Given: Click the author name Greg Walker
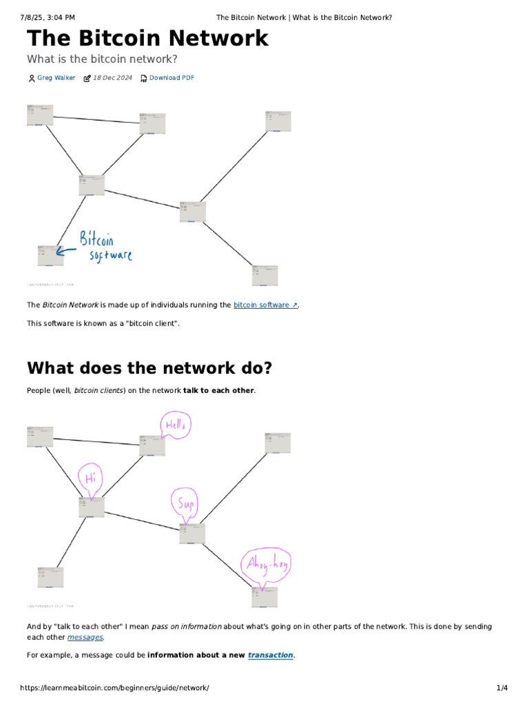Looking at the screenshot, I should pos(56,78).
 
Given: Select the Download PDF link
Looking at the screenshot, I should pos(172,78).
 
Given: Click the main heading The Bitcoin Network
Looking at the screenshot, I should pos(147,39).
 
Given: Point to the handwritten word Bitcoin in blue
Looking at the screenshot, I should pos(96,240).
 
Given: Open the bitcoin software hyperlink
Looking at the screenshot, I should pos(265,305).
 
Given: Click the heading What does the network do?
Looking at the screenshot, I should pos(149,368).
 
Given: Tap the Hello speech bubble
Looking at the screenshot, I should pos(175,425).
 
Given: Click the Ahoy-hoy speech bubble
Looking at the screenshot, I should pos(266,566).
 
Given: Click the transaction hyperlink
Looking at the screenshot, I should pos(270,655).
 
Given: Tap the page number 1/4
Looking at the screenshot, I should pos(501,688).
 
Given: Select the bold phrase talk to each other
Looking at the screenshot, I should pos(218,391).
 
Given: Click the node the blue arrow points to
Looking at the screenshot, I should pos(50,254).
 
